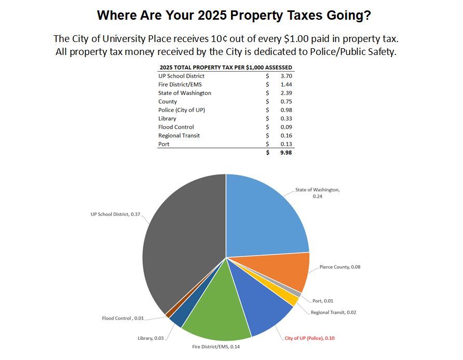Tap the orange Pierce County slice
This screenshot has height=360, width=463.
280,272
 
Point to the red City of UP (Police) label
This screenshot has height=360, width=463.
309,338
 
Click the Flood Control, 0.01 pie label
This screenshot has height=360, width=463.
122,318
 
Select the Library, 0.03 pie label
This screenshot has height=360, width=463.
151,338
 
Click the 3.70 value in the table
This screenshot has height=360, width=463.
286,76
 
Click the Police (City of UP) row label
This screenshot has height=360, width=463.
178,110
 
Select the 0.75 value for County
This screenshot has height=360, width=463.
286,102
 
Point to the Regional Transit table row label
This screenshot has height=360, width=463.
179,135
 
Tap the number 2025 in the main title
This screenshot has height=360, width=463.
211,15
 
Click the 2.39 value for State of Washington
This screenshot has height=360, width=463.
286,93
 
